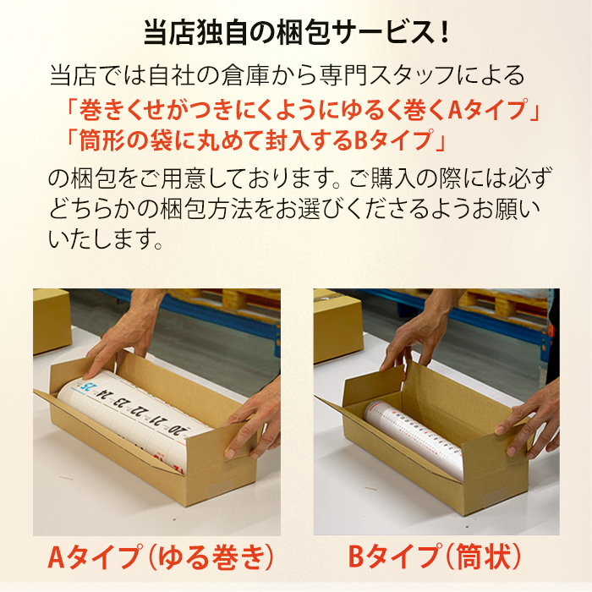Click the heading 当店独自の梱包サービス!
296,33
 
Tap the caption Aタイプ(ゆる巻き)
161,556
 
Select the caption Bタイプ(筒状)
435,556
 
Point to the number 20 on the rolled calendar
179,430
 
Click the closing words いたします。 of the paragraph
106,238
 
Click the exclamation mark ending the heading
444,33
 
